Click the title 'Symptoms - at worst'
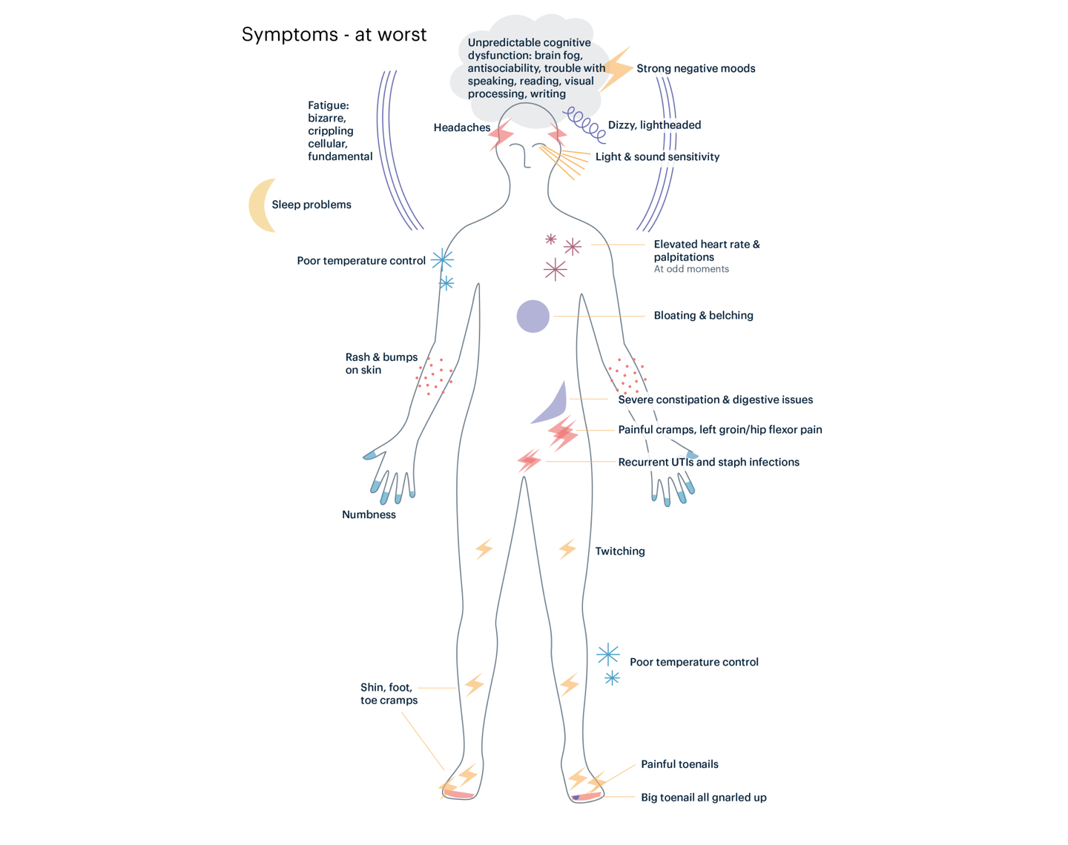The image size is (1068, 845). (334, 35)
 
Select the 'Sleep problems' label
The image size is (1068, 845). (311, 205)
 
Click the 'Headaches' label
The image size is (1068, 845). (461, 127)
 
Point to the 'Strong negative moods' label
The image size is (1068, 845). (696, 68)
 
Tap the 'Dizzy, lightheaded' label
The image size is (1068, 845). (654, 125)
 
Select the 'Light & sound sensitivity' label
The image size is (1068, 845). (657, 157)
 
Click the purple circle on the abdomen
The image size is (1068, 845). (533, 316)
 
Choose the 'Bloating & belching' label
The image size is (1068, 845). (703, 316)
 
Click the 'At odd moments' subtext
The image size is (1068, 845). (691, 269)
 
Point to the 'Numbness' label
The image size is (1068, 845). (369, 514)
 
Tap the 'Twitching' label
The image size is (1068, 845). (620, 551)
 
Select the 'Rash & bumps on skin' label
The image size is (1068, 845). (381, 364)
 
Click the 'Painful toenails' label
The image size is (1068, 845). (679, 764)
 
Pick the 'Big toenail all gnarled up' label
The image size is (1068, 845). (704, 798)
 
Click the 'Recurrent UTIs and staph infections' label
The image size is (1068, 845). (709, 462)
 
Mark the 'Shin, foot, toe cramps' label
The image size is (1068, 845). (389, 694)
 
